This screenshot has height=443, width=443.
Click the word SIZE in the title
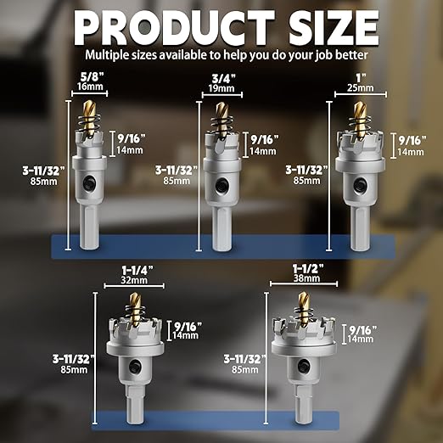click(x=334, y=27)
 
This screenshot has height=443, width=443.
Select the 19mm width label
click(x=222, y=88)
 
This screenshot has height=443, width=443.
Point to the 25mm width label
click(x=361, y=87)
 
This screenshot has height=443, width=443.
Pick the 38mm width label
click(x=306, y=278)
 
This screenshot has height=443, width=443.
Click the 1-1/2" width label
click(x=308, y=268)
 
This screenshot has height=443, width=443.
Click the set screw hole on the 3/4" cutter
click(x=220, y=185)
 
